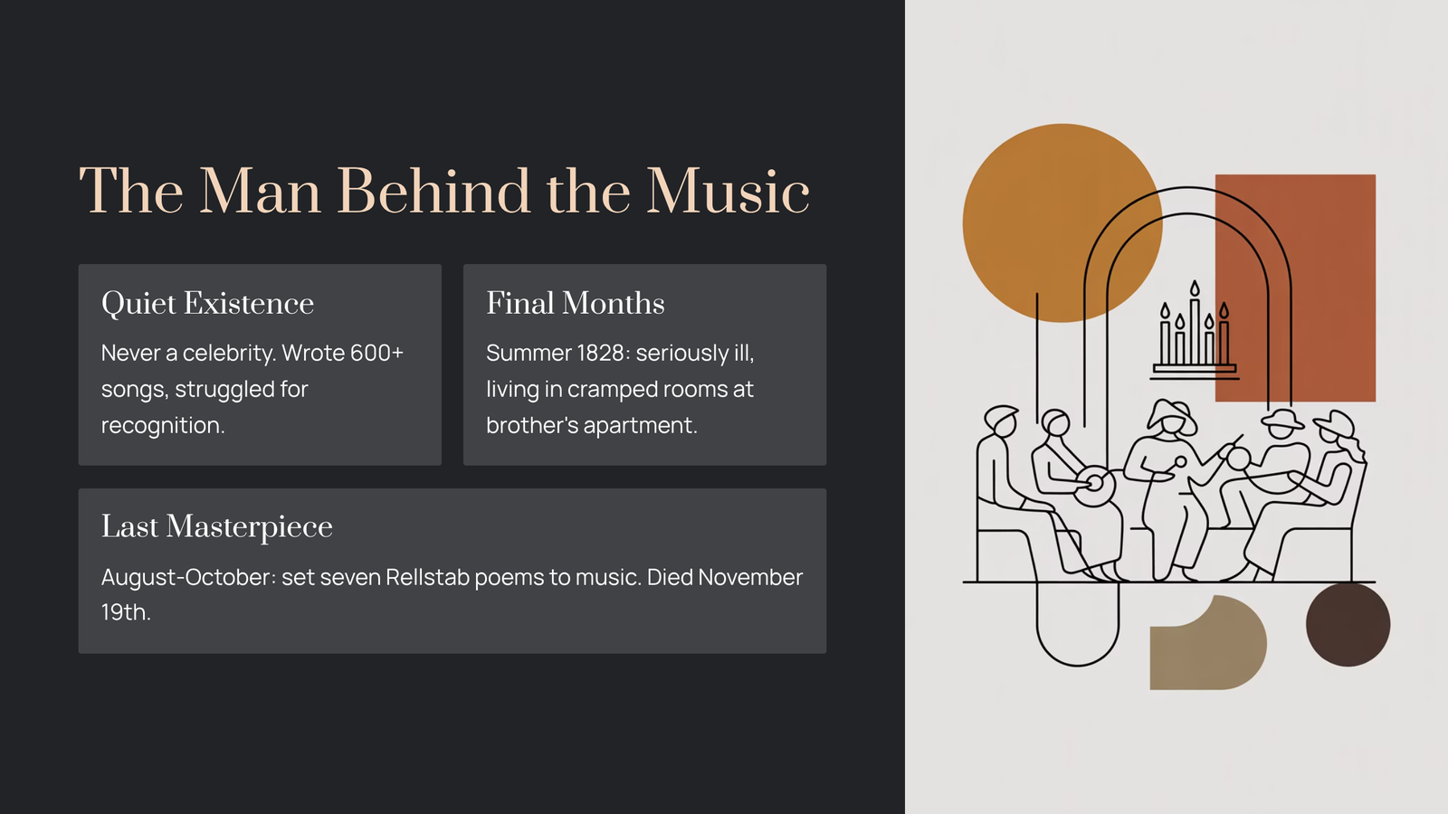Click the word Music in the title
click(x=728, y=191)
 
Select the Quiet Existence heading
click(x=207, y=304)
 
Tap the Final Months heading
click(x=576, y=303)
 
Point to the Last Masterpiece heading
click(x=216, y=526)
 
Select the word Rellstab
click(x=427, y=577)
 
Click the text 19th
click(x=126, y=611)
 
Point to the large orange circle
click(x=1062, y=222)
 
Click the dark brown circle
click(x=1348, y=624)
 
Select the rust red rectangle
click(x=1295, y=288)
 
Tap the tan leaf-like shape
click(x=1207, y=643)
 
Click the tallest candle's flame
click(x=1195, y=289)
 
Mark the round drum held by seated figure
click(x=1094, y=487)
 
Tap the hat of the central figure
click(x=1172, y=415)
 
